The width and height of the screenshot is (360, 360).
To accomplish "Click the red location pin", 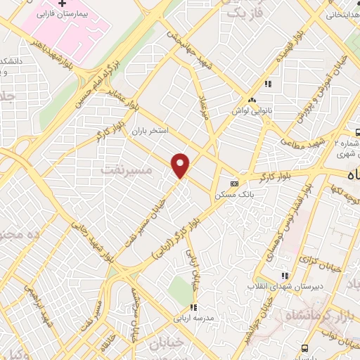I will tap(181, 166).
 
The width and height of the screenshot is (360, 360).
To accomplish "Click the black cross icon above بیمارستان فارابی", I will tap(63, 4).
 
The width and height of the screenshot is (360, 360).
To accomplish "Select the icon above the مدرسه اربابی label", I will tap(192, 307).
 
